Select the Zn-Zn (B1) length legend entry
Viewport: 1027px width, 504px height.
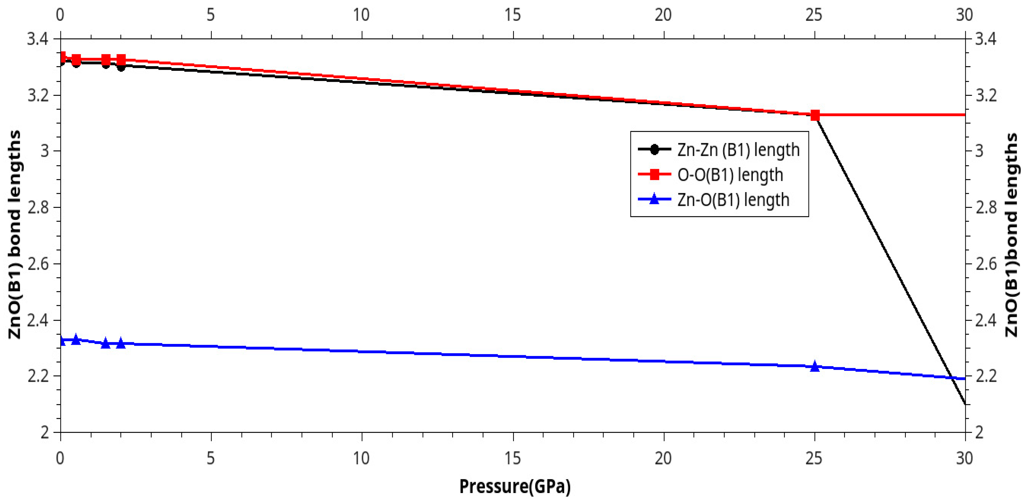(x=738, y=150)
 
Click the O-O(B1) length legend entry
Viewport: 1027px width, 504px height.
(x=729, y=175)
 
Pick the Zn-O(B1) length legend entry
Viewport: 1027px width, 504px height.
(x=733, y=200)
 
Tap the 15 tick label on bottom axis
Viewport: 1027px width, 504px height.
(x=513, y=458)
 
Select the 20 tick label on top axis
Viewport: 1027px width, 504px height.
(x=663, y=15)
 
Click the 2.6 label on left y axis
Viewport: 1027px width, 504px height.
(x=38, y=264)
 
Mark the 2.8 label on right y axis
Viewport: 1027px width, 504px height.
(x=986, y=208)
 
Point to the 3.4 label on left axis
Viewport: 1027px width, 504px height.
(x=38, y=39)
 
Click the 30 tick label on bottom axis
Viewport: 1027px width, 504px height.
(x=964, y=458)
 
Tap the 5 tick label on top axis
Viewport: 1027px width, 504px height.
(x=211, y=15)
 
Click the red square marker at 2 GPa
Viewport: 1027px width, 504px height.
(x=121, y=60)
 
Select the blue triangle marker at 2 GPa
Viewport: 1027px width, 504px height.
(x=121, y=343)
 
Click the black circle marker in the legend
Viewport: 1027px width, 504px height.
(x=654, y=150)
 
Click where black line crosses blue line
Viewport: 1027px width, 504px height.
(x=953, y=378)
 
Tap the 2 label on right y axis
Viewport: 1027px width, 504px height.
(x=980, y=432)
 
